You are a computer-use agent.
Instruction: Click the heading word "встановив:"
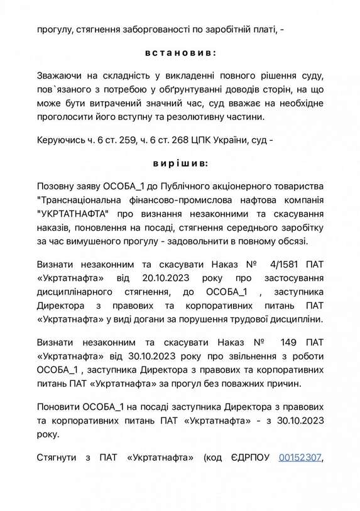[x=180, y=52]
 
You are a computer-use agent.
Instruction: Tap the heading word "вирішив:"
[x=180, y=163]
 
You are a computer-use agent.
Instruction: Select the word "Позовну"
[x=58, y=187]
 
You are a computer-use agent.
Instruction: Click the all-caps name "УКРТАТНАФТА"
[x=75, y=214]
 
